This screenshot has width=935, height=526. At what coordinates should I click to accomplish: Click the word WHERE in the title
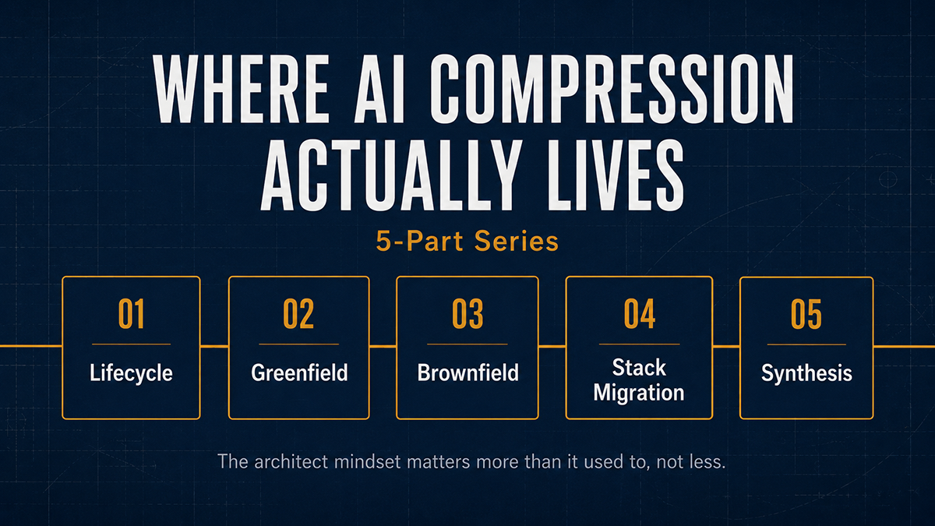(242, 89)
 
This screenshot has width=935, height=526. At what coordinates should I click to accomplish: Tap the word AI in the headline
(380, 89)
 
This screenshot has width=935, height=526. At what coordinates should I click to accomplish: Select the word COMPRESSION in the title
(612, 89)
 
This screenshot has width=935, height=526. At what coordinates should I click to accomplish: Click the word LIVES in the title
(616, 175)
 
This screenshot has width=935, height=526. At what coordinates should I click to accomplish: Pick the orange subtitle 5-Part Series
(467, 242)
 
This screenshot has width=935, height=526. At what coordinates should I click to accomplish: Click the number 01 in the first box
(131, 314)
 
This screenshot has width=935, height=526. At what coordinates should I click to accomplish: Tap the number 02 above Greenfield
(298, 314)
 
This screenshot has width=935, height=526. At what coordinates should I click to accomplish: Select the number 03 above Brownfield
(467, 314)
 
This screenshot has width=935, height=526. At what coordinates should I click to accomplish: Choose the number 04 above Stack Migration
(640, 314)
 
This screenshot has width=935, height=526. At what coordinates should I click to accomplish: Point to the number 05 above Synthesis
(806, 314)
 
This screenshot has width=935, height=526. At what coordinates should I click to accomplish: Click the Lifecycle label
(131, 372)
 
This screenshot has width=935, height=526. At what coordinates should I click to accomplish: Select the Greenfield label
(299, 372)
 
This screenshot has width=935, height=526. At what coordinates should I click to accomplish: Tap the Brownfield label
(468, 372)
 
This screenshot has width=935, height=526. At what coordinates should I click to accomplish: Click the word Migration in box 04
(639, 393)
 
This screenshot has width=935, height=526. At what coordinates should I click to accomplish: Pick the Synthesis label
(806, 372)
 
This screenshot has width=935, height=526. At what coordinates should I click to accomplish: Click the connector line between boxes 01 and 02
(214, 346)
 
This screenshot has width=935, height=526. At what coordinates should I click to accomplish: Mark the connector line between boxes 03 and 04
(552, 346)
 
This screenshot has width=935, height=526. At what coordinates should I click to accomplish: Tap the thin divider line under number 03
(467, 344)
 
